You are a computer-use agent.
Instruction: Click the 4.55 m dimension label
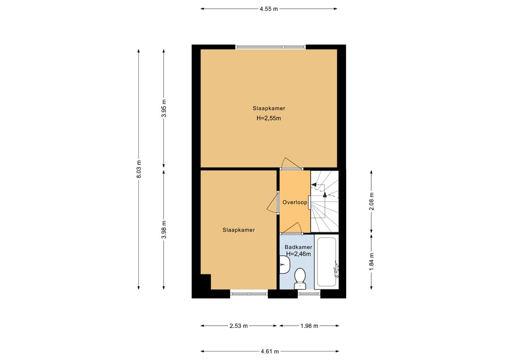point(269,9)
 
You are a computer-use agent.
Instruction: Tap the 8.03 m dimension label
point(139,169)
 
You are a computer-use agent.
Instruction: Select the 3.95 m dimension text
point(164,108)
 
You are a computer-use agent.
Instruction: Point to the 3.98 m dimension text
point(164,230)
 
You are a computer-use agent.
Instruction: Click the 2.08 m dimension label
point(372,201)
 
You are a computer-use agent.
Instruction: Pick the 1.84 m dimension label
point(372,261)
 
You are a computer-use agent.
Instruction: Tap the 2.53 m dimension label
point(239,326)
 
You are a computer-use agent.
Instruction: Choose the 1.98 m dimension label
point(309,326)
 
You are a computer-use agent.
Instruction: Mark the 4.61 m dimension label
point(270,351)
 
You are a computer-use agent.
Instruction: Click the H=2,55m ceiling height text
point(269,118)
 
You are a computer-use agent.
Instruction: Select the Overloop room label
point(295,202)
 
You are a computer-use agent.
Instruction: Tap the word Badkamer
point(298,247)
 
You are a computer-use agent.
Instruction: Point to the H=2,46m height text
point(298,254)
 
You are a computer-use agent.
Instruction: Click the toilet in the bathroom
point(300,279)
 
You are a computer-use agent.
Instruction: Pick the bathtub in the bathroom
point(326,262)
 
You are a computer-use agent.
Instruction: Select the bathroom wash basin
point(285,265)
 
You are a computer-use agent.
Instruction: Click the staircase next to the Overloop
point(324,201)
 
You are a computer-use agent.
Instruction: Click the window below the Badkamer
point(309,294)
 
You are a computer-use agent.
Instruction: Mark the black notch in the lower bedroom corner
point(205,282)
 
